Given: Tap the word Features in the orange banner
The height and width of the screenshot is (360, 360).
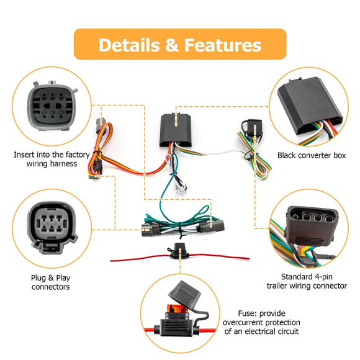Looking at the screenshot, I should (x=222, y=45).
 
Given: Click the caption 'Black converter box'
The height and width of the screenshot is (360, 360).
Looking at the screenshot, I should (x=312, y=155).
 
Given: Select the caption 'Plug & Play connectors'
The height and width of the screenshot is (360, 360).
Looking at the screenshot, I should (x=50, y=282).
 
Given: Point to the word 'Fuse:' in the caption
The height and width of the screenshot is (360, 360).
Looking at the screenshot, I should (x=250, y=313).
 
